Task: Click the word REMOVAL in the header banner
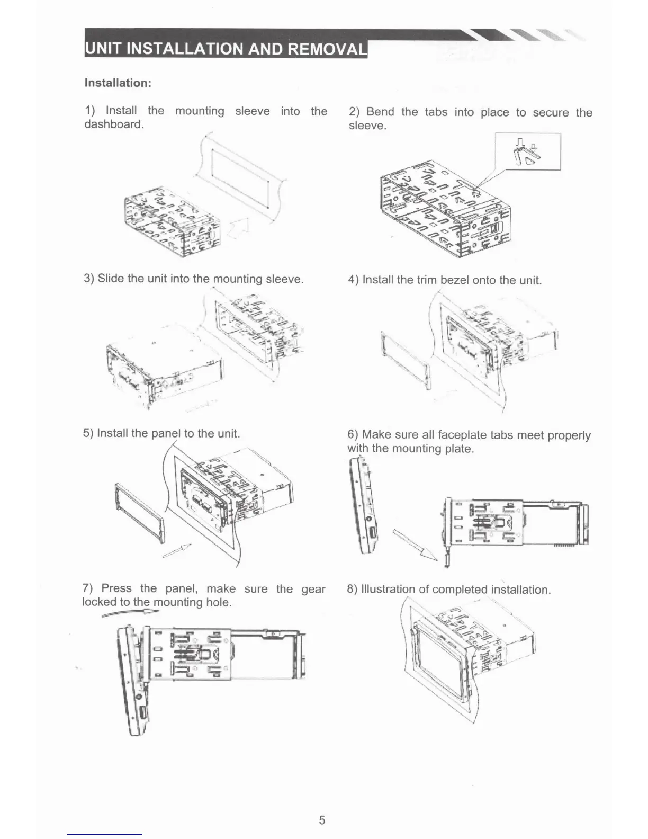coord(327,49)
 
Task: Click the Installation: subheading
coord(118,83)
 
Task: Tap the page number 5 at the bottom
coord(322,820)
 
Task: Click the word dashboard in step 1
coord(114,124)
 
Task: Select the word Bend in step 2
coord(380,112)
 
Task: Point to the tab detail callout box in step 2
coord(527,151)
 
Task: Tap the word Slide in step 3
coord(110,279)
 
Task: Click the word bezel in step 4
coord(454,280)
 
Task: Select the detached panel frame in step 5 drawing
coord(139,513)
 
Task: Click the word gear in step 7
coord(313,589)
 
